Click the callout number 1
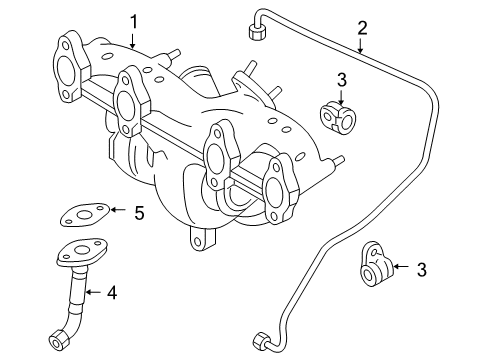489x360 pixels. point(133,22)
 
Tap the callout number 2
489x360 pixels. point(362,28)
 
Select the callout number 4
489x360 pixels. point(112,293)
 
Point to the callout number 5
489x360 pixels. point(139,213)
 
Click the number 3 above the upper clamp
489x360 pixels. point(342,80)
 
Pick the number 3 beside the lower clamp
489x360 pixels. point(422,269)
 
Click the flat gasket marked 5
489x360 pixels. point(85,215)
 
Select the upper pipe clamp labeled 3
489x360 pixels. point(338,116)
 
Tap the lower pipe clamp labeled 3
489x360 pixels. point(376,264)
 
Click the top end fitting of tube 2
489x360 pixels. point(257,33)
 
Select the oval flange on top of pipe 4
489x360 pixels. point(82,252)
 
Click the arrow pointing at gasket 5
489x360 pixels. point(118,210)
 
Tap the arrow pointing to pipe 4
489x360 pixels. point(93,292)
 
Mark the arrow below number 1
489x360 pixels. point(133,41)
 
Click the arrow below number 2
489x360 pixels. point(360,46)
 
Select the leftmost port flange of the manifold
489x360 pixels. point(70,67)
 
